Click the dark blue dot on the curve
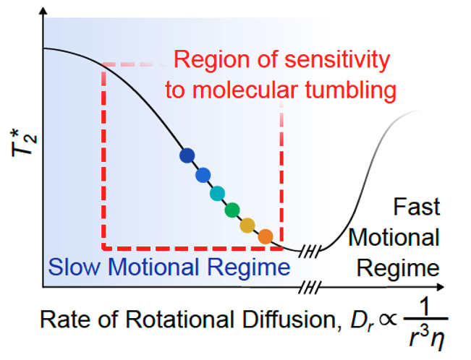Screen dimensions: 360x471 coord(187,155)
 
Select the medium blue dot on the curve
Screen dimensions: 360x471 coord(203,174)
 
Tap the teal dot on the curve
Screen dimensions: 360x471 coord(217,193)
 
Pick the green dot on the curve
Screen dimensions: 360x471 coord(232,210)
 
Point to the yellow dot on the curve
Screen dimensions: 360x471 coord(247,226)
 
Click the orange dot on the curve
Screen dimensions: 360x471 coord(266,236)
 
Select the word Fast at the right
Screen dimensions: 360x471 coord(417,207)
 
